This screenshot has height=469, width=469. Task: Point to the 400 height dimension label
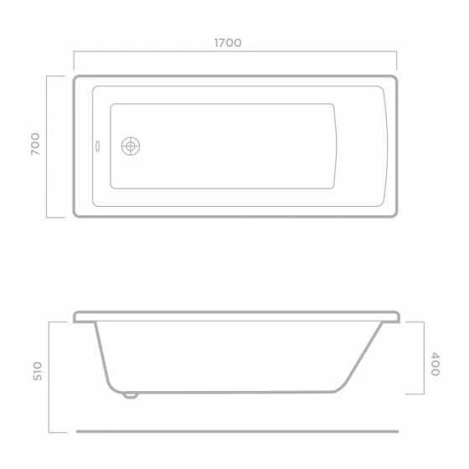tap(435, 363)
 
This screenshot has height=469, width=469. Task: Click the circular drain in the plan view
tap(131, 147)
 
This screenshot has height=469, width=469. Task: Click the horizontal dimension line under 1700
tap(234, 55)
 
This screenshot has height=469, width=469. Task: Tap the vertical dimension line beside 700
tap(48, 147)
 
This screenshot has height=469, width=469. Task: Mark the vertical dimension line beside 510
tap(48, 375)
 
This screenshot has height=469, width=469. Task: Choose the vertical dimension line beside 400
tap(422, 358)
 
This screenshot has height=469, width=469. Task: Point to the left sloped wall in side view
tap(104, 356)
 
